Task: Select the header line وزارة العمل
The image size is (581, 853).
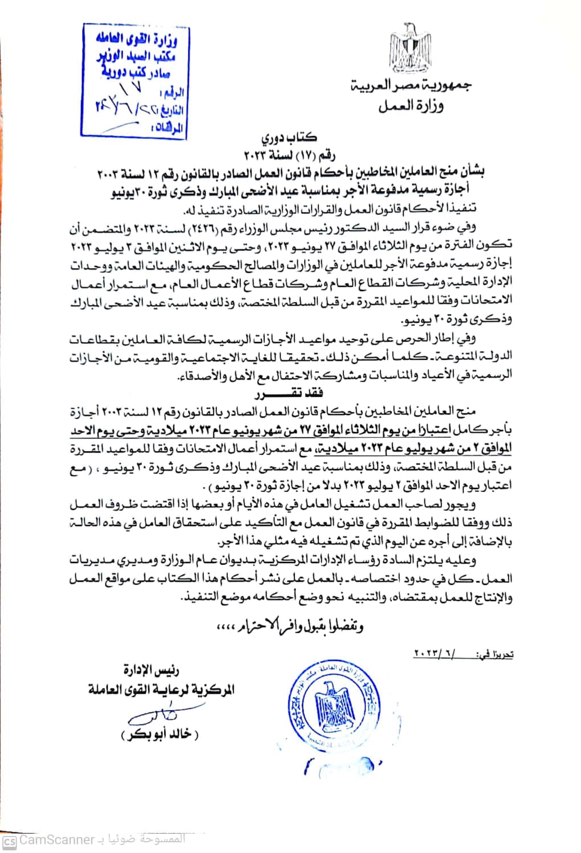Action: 411,106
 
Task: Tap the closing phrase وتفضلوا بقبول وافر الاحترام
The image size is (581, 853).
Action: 290,626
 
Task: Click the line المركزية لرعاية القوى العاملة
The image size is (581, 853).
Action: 161,690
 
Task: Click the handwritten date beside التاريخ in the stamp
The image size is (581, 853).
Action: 131,108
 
